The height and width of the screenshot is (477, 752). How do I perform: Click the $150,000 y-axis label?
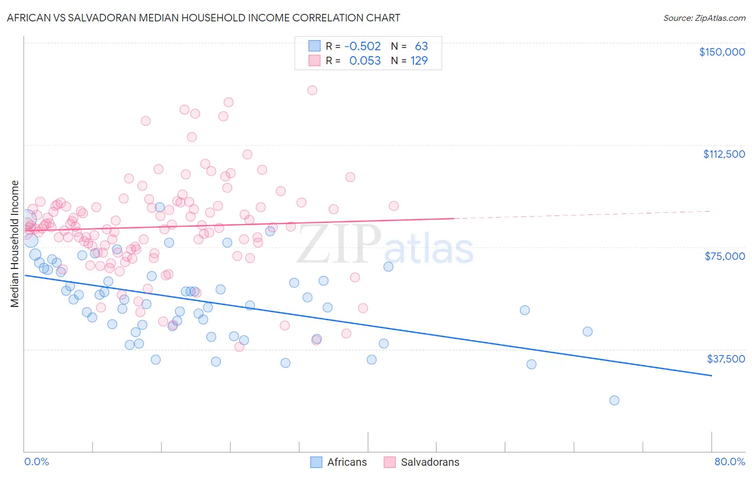(722, 52)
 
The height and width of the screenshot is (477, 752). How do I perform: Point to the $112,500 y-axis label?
(724, 154)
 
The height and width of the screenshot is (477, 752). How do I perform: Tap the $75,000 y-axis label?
(725, 256)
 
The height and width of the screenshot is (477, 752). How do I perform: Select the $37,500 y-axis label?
(726, 359)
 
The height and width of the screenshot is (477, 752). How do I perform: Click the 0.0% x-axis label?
(36, 462)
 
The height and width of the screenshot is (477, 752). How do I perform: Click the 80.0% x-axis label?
(730, 462)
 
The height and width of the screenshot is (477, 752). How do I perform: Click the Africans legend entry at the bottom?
(339, 462)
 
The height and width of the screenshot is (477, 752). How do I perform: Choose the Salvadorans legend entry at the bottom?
(421, 462)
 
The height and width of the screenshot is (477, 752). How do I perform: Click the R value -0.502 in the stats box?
(363, 47)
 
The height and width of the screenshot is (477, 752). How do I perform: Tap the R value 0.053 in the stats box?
(365, 61)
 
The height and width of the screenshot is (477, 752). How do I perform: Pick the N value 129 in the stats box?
(419, 61)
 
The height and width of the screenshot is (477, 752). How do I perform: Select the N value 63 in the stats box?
(421, 47)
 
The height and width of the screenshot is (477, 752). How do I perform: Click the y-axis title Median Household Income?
(15, 244)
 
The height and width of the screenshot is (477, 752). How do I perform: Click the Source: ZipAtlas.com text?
(704, 18)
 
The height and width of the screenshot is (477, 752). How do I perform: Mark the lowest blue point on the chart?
(614, 401)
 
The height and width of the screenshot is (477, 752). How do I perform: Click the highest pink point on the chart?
(312, 90)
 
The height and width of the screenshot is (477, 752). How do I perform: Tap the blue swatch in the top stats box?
(314, 47)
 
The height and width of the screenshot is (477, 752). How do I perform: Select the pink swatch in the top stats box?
(314, 61)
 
